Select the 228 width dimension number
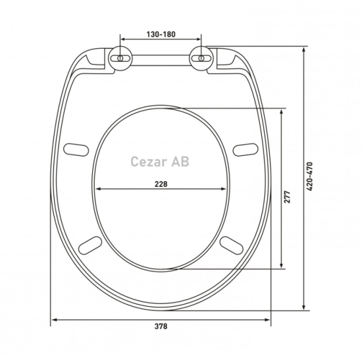pyautogui.click(x=160, y=184)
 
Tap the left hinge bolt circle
pyautogui.click(x=122, y=57)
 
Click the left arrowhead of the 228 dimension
pyautogui.click(x=97, y=190)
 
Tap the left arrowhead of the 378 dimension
pyautogui.click(x=53, y=321)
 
